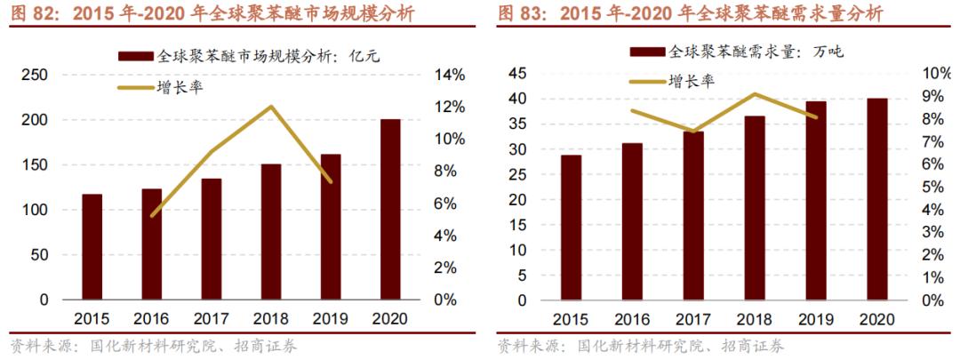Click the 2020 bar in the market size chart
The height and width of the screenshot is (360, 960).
[x=390, y=210]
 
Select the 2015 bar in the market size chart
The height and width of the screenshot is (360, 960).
[x=92, y=247]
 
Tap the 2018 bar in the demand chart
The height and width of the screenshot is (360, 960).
[x=754, y=208]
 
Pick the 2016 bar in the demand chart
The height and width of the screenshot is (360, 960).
[x=632, y=221]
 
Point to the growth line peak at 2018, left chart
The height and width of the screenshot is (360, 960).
[x=270, y=107]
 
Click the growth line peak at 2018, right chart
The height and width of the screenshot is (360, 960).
[x=754, y=94]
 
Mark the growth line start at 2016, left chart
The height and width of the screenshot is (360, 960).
[x=152, y=215]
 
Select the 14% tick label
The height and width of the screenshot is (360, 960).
[x=448, y=76]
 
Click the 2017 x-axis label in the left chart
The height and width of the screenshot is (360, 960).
[x=211, y=319]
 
